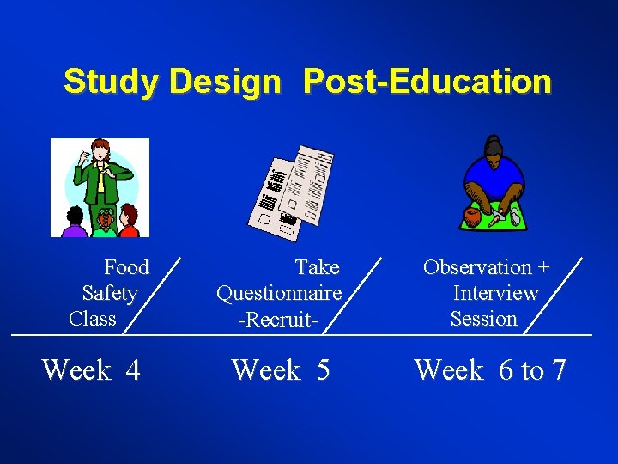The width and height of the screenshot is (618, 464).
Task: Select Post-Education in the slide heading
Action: [x=427, y=82]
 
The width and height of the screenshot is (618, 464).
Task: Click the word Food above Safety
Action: [x=126, y=267]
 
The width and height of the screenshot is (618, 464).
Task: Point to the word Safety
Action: [x=110, y=293]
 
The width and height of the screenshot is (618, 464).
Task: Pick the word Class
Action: [x=93, y=319]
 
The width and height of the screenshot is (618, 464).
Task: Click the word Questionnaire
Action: [x=279, y=293]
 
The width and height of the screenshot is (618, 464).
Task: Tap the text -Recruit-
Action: [x=279, y=319]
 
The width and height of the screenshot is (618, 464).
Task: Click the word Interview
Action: [x=495, y=293]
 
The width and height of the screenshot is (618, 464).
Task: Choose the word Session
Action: [x=484, y=319]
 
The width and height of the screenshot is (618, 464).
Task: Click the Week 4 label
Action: [x=91, y=370]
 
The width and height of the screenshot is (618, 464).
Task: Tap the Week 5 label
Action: [x=281, y=370]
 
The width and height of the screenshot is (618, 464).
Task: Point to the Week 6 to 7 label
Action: [x=490, y=370]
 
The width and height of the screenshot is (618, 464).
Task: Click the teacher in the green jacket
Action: [x=105, y=176]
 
